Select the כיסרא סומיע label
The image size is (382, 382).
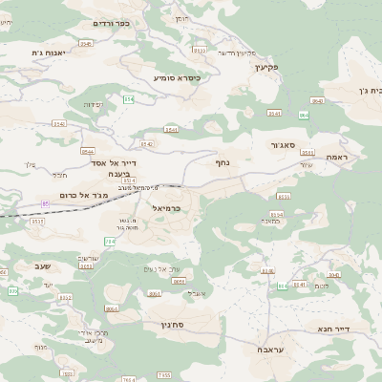coord(177,77)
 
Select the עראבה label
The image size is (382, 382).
coord(268,350)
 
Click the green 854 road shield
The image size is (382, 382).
coord(128,98)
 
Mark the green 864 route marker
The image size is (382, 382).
coord(304,115)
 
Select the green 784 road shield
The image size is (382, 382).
coord(110,242)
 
